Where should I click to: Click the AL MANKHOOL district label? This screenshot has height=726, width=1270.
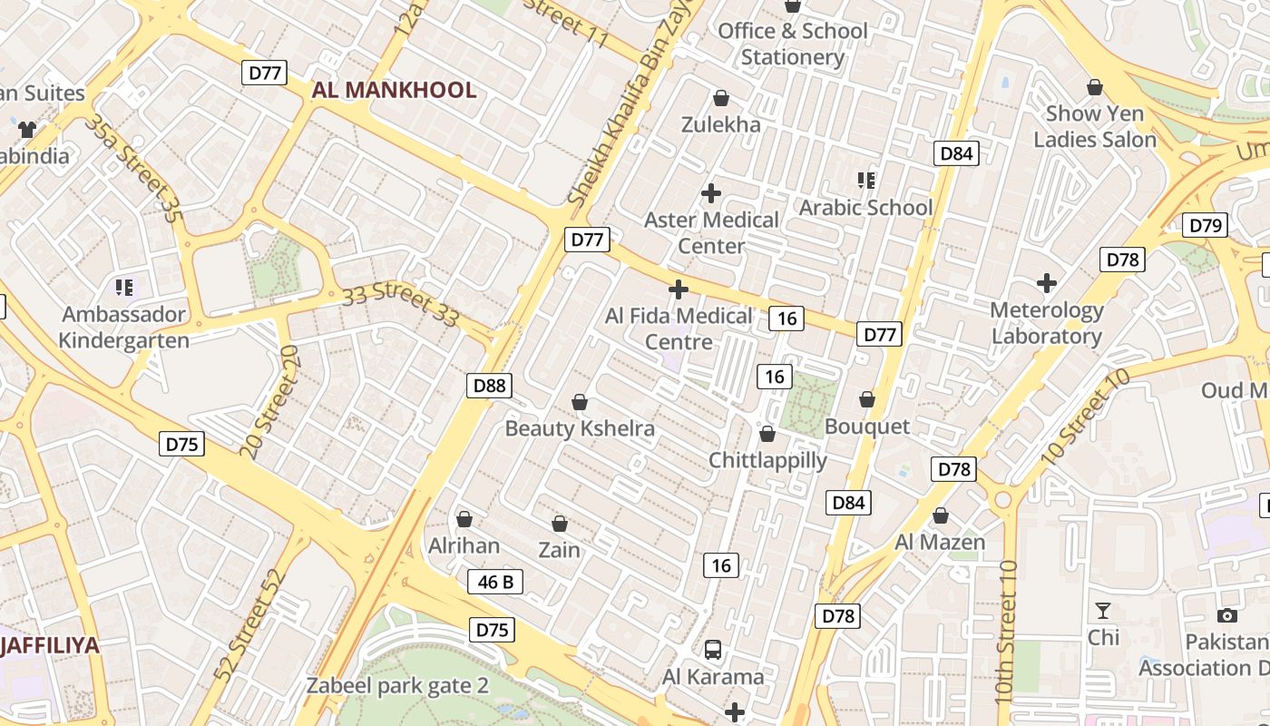click(x=394, y=90)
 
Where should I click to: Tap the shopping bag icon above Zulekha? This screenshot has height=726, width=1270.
click(x=721, y=98)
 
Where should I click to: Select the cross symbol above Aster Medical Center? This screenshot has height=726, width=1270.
click(x=711, y=192)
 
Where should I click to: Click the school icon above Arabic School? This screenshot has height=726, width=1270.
click(x=865, y=181)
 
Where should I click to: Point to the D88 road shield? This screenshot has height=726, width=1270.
click(x=490, y=386)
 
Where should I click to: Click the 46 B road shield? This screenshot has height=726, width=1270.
click(x=495, y=582)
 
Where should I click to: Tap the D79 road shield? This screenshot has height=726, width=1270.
click(x=1205, y=225)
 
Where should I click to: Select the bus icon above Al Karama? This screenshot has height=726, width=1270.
click(x=713, y=650)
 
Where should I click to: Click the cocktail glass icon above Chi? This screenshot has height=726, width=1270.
click(x=1103, y=610)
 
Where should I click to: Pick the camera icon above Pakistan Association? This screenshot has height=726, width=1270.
click(x=1226, y=615)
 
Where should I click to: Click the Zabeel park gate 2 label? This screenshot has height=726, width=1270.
click(x=397, y=685)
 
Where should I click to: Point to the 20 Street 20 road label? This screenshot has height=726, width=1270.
click(x=269, y=400)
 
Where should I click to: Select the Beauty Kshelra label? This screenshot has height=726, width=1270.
click(x=580, y=428)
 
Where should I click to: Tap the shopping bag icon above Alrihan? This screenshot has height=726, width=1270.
click(x=464, y=519)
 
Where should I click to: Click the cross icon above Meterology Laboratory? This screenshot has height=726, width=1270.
click(x=1047, y=283)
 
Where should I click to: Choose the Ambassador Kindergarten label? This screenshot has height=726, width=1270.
click(x=124, y=328)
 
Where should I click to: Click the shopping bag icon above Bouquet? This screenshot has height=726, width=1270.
click(x=867, y=399)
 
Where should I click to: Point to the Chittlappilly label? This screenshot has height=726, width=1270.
click(x=767, y=460)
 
